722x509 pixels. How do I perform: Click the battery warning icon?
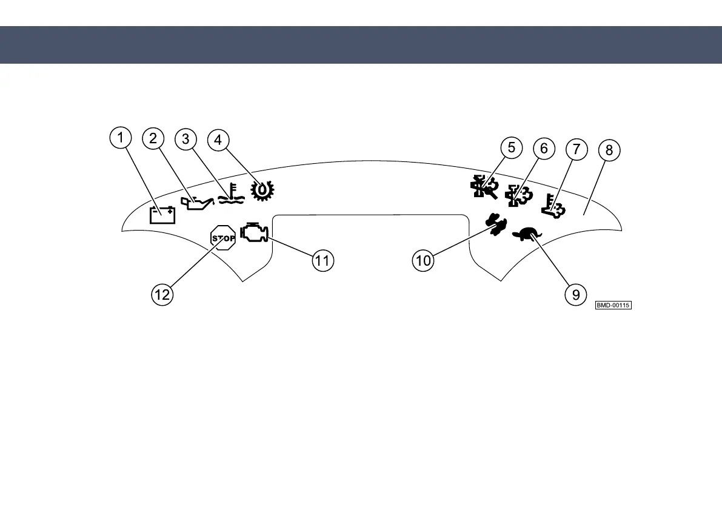[x=162, y=215]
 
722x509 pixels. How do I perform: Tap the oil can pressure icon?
[x=197, y=203]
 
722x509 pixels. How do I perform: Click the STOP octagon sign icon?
[x=222, y=237]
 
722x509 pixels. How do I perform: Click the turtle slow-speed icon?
[x=527, y=234]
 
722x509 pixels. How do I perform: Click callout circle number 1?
[x=121, y=138]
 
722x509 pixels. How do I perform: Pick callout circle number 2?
[x=153, y=139]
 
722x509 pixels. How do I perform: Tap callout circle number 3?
[x=186, y=139]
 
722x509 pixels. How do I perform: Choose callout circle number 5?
[x=511, y=147]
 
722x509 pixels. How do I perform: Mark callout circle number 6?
[x=543, y=148]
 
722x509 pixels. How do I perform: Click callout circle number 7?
[x=576, y=149]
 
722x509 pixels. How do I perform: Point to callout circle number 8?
[x=609, y=150]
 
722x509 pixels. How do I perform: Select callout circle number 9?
[x=575, y=295]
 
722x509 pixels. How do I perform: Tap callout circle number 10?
[x=424, y=261]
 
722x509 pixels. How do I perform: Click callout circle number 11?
[x=323, y=261]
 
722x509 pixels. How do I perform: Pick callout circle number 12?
[x=162, y=295]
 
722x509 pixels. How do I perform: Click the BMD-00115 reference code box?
[x=613, y=305]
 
